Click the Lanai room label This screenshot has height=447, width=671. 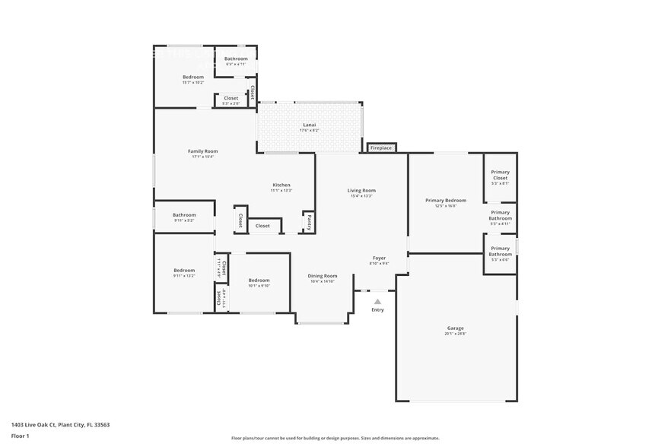310,125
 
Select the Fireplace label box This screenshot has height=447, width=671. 381,147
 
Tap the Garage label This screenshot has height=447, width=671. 455,328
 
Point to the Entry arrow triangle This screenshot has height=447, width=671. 377,301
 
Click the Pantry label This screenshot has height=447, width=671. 310,222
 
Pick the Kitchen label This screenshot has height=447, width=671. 281,185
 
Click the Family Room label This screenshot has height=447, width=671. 203,151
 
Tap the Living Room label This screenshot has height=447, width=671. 361,190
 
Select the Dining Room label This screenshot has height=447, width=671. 323,276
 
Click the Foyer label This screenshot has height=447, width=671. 379,258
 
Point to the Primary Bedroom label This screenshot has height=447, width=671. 446,200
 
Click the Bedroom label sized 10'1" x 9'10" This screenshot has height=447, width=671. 259,281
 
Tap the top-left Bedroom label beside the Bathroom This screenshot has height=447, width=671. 193,77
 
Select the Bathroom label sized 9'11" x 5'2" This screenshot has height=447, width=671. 184,214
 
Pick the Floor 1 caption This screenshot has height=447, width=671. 20,436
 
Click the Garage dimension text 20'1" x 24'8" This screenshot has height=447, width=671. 455,334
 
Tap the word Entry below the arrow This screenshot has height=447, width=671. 377,309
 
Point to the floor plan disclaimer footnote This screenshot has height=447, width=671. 335,438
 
